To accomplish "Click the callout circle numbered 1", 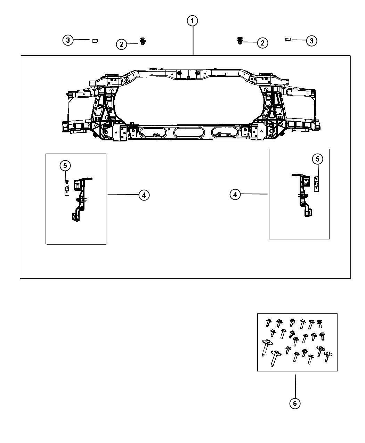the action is click(x=192, y=21).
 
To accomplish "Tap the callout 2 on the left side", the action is click(x=121, y=44).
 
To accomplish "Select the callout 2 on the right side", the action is click(x=262, y=43).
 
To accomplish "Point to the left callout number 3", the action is click(x=68, y=40).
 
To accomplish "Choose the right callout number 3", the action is click(x=311, y=41).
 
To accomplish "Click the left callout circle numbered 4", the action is click(x=144, y=195).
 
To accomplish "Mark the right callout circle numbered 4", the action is click(x=235, y=194).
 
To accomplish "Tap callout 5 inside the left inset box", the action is click(x=65, y=165).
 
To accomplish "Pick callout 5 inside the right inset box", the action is click(x=317, y=159).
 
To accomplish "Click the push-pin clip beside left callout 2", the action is click(x=143, y=41).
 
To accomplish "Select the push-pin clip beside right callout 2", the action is click(x=240, y=41).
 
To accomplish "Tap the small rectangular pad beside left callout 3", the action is click(x=95, y=41).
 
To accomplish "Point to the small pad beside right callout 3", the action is click(x=288, y=40).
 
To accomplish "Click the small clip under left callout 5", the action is click(x=67, y=188).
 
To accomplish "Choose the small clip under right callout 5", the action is click(x=316, y=184).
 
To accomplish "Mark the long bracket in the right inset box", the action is click(x=302, y=195).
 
